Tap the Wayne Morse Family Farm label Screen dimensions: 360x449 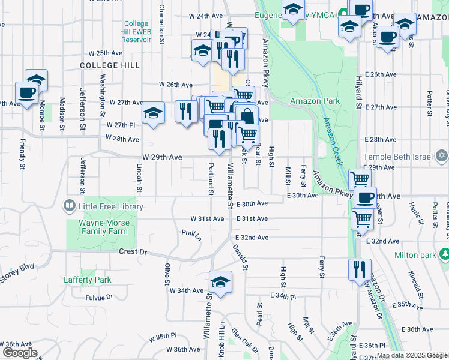tap(104, 226)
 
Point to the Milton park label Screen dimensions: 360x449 tap(415, 254)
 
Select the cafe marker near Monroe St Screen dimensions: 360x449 tap(26, 93)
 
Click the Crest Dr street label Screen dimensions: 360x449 tap(133, 253)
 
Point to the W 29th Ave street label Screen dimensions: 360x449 tap(162, 157)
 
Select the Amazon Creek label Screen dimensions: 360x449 tap(333, 142)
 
